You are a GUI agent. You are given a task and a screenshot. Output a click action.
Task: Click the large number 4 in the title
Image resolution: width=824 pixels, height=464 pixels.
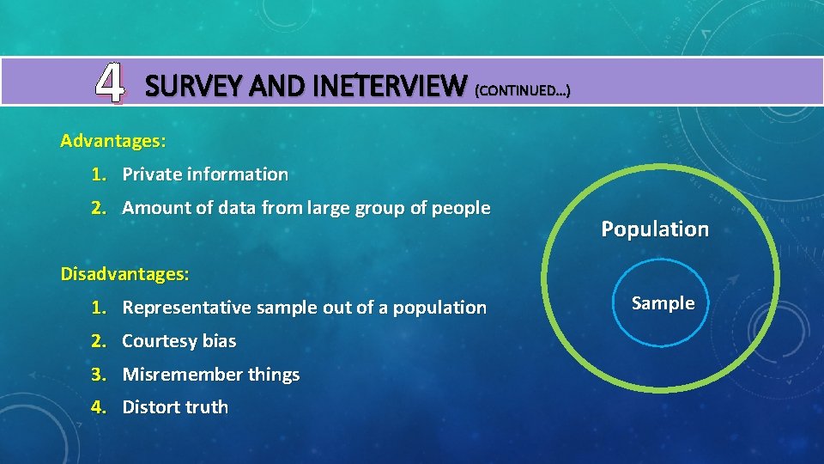pos(108,83)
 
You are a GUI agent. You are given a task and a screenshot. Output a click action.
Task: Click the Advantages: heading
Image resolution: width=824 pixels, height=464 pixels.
pos(113,140)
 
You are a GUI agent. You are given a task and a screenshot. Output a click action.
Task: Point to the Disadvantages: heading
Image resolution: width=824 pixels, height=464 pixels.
pos(125,274)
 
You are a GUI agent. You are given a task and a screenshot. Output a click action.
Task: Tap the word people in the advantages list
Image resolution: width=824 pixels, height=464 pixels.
pos(460,209)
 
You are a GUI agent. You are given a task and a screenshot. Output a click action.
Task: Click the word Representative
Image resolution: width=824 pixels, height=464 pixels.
pos(186,308)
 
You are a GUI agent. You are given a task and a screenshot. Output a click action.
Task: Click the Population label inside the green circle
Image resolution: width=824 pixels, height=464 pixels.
pos(655,229)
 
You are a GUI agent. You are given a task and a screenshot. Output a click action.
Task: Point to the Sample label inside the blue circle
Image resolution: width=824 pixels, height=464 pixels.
pos(663,303)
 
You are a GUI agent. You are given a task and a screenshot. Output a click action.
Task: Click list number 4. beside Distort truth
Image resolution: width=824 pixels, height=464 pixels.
pos(100,407)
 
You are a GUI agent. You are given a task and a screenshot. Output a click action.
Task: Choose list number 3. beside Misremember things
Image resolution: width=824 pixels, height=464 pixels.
pos(100,375)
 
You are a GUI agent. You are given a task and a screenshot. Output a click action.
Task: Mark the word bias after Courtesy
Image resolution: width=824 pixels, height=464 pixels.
pos(219,341)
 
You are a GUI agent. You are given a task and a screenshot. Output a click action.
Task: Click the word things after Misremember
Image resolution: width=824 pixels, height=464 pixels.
pos(274,375)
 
